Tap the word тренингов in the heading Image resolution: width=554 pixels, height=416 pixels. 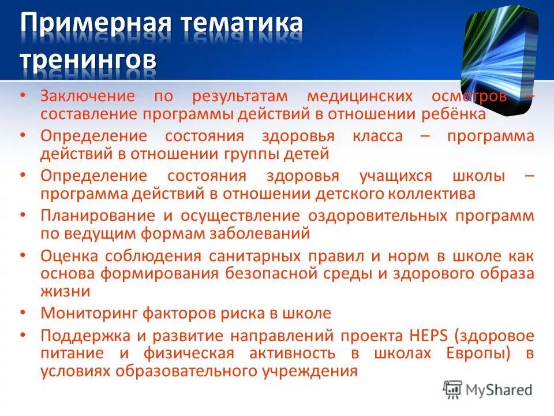pos(88,59)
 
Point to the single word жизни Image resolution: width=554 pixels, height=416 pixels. pos(65,291)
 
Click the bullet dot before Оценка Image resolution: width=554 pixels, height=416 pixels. pos(23,256)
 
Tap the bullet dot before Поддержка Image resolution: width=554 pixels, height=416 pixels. pos(23,336)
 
